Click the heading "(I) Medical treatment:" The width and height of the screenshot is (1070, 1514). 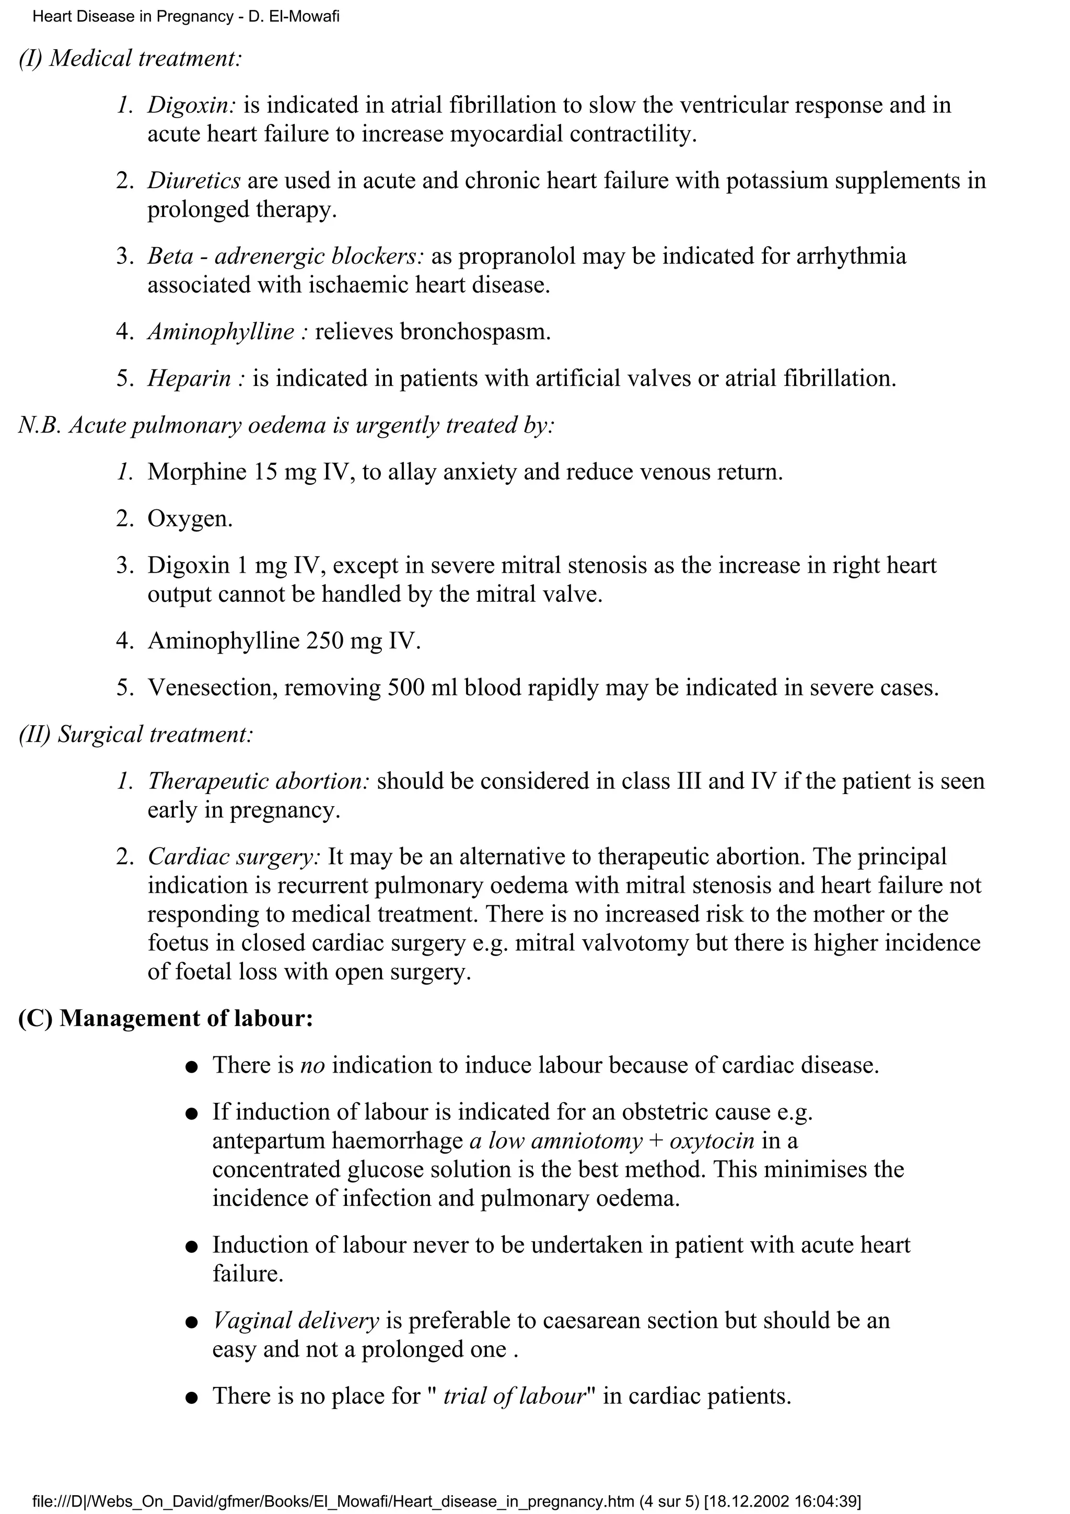131,58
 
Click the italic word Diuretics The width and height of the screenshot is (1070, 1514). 194,180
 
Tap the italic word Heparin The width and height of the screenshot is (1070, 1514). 189,378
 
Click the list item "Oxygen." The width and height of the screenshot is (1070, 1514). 190,519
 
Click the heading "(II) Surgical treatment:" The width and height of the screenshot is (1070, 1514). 136,735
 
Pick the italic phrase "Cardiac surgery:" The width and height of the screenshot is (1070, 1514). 234,857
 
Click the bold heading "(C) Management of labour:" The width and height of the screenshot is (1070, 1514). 166,1018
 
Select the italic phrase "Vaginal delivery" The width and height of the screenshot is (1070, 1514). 295,1321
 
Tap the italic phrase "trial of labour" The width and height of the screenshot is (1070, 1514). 514,1396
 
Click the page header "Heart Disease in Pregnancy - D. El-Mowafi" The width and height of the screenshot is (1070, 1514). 186,17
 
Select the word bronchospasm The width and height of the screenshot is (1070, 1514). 475,331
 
